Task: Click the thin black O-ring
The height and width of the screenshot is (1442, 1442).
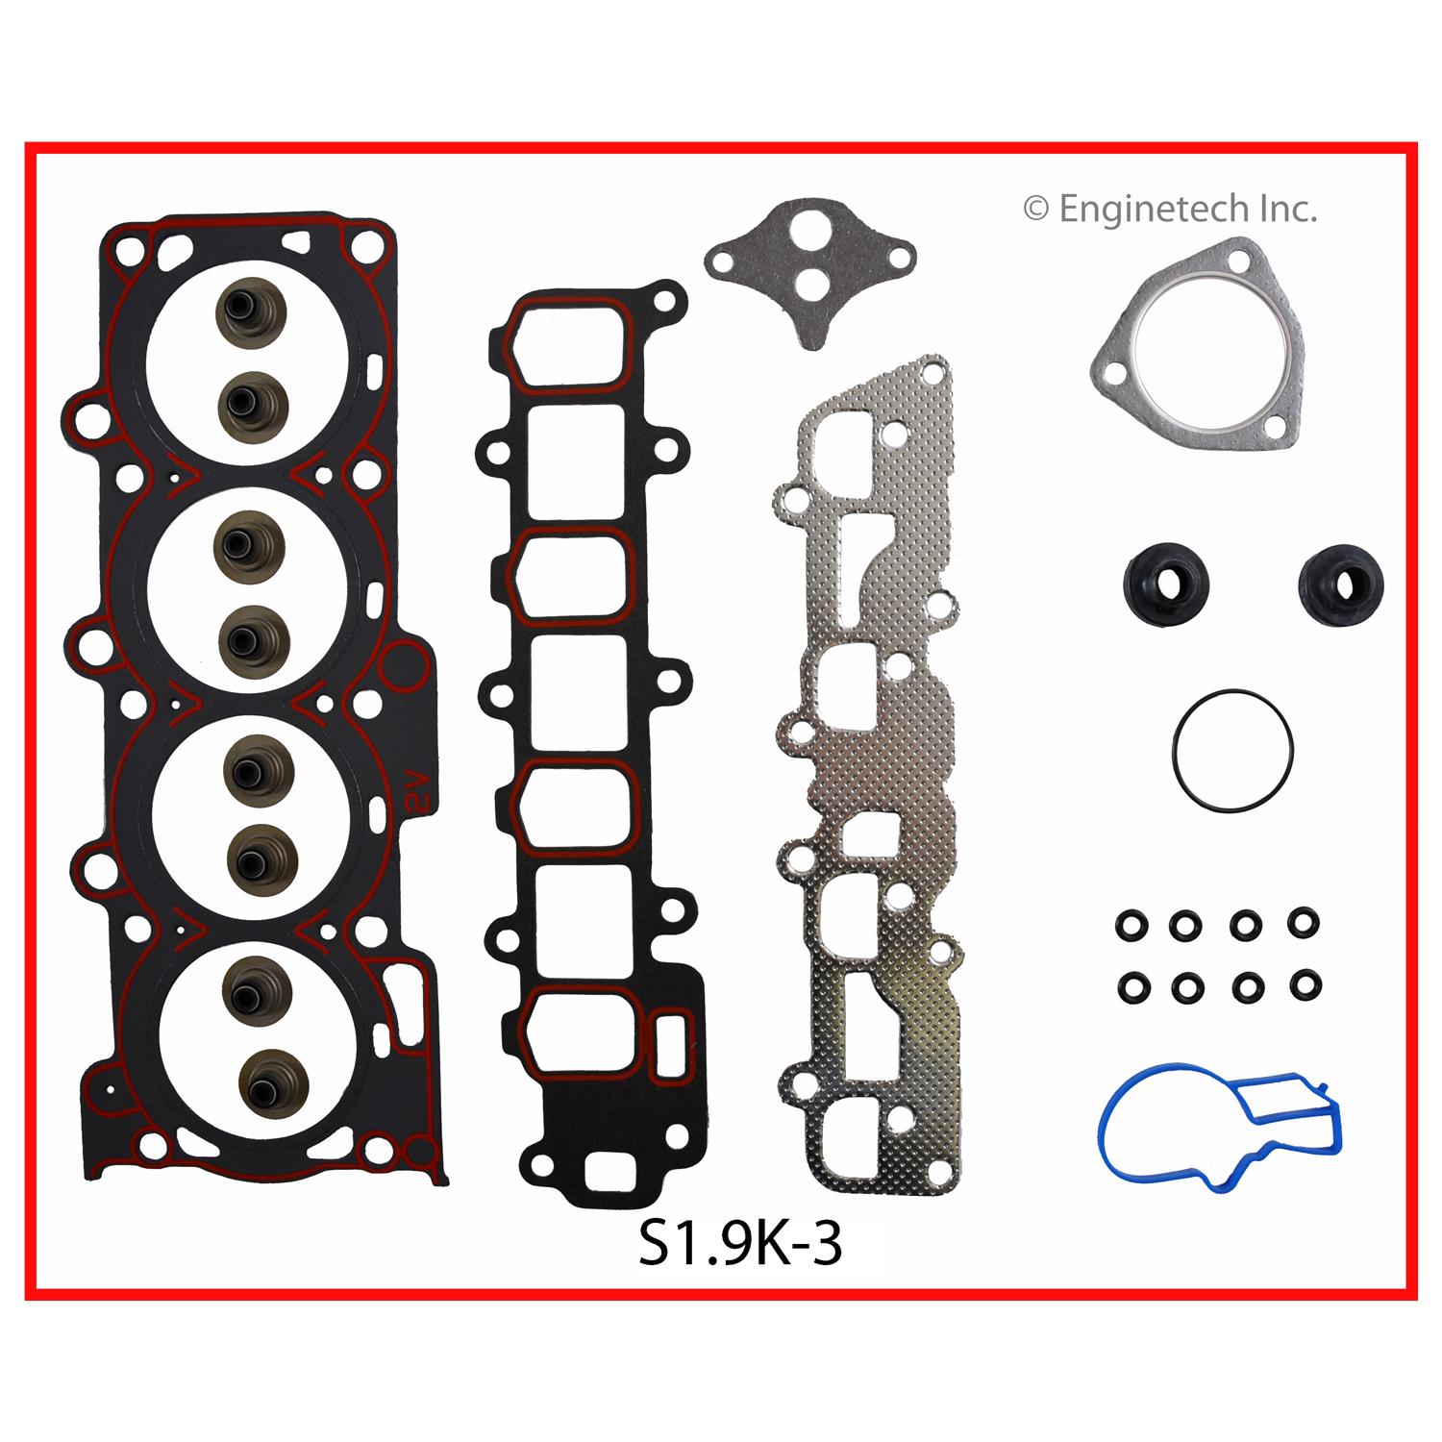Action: [1232, 751]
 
